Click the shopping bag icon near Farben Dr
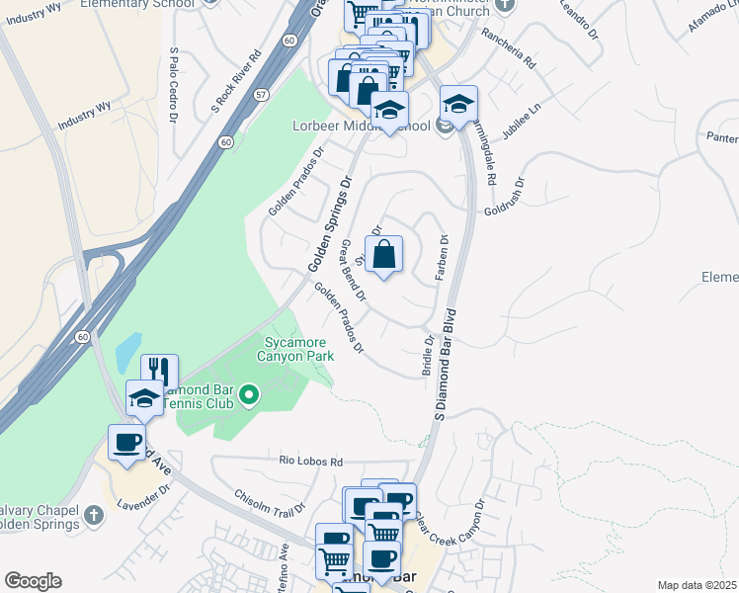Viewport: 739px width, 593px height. click(x=384, y=254)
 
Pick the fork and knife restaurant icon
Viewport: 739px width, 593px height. click(x=160, y=372)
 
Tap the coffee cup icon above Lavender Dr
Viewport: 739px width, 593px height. click(x=127, y=441)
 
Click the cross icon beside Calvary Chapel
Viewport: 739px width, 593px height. click(x=93, y=515)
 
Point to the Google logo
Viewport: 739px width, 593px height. click(x=33, y=581)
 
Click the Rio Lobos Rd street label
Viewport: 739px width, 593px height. click(x=310, y=462)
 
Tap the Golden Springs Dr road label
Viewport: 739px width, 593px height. click(x=330, y=225)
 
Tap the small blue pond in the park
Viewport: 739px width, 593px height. click(x=128, y=349)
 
